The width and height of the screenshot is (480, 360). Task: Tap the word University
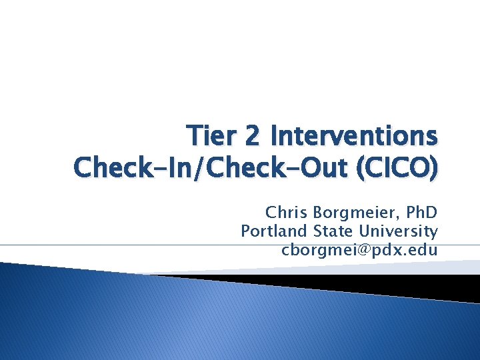tap(399, 231)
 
